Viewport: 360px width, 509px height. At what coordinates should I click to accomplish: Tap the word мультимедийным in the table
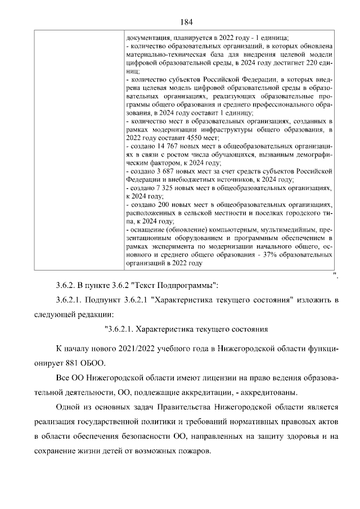[x=286, y=229]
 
